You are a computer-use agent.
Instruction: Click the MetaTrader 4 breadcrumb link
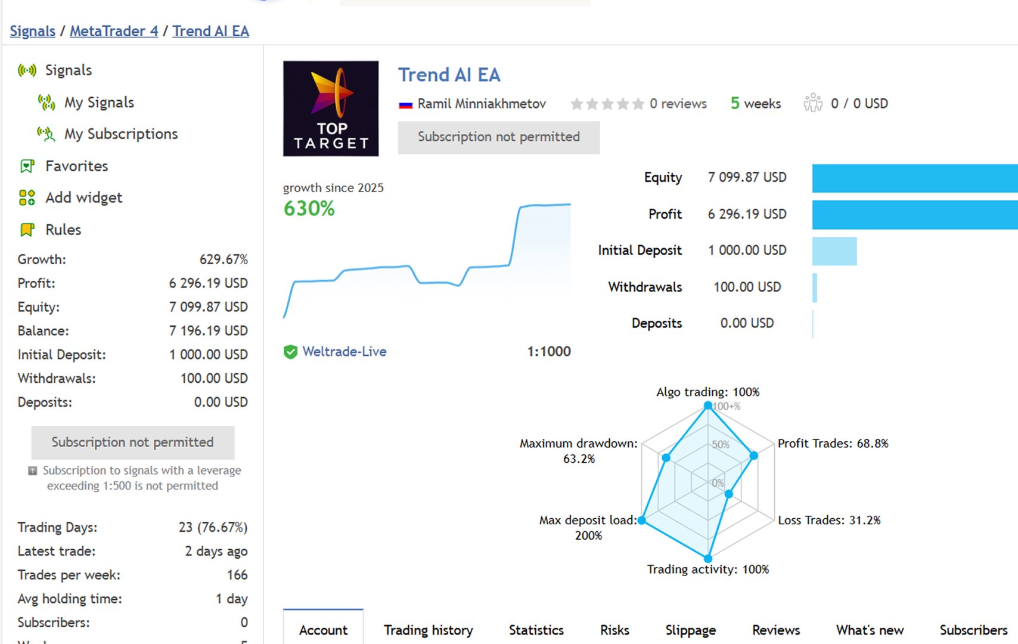[x=114, y=31]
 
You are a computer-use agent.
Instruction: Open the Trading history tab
[x=428, y=630]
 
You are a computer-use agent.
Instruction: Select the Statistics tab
[x=536, y=630]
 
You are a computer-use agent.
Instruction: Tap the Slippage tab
[x=690, y=630]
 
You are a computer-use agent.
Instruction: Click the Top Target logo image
[x=331, y=109]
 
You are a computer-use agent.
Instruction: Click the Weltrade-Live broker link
[x=344, y=352]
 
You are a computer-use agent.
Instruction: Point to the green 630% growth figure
[x=309, y=209]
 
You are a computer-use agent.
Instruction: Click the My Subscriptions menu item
[x=120, y=134]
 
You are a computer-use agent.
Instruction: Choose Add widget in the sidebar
[x=83, y=197]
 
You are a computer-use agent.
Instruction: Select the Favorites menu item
[x=76, y=166]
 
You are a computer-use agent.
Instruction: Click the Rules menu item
[x=63, y=230]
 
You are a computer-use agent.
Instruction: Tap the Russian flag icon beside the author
[x=406, y=105]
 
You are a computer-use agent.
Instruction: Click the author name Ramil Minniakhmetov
[x=482, y=104]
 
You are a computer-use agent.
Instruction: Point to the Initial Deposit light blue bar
[x=834, y=251]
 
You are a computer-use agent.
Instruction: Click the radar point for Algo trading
[x=708, y=405]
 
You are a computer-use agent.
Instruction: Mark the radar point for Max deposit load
[x=642, y=520]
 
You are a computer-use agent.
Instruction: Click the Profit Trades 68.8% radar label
[x=833, y=443]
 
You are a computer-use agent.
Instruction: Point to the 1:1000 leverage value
[x=549, y=352]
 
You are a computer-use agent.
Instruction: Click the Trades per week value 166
[x=237, y=575]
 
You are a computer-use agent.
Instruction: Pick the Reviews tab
[x=775, y=630]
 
